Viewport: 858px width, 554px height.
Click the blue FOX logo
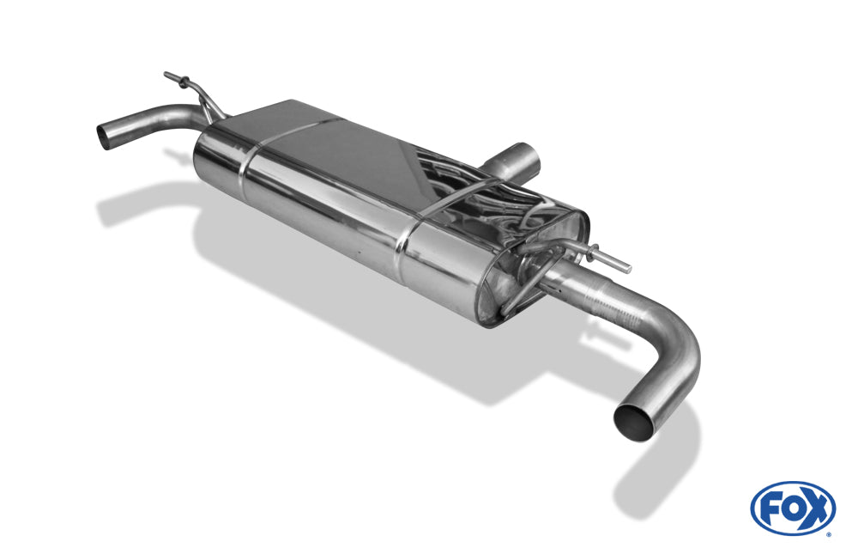tap(793, 508)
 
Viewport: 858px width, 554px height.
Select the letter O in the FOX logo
tap(791, 508)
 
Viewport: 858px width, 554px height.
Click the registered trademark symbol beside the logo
tap(828, 533)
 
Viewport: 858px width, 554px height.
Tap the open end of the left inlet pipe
tap(106, 136)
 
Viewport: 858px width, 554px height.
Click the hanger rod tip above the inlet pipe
tap(166, 75)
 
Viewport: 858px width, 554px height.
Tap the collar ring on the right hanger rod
tap(591, 252)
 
